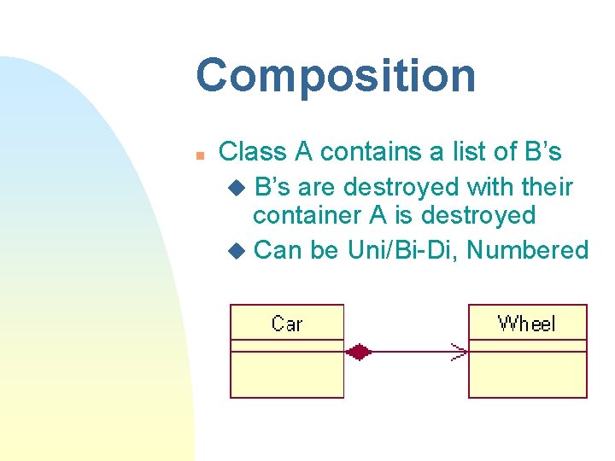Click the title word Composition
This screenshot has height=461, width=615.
[336, 75]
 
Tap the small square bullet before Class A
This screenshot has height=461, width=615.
[198, 155]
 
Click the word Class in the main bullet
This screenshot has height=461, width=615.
[254, 152]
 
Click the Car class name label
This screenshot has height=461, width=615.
[286, 323]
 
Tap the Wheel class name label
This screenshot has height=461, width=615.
[526, 323]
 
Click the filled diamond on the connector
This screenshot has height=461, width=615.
[358, 351]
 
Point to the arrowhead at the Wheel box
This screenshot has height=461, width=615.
[460, 351]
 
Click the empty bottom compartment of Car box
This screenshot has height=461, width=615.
[286, 374]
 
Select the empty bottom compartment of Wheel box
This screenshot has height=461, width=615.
[527, 374]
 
